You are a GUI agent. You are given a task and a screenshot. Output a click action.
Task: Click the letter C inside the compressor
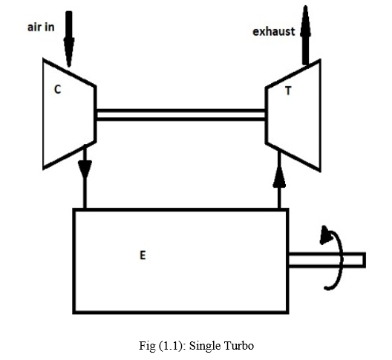[x=57, y=89]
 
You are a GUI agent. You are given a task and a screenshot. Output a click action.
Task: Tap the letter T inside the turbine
[x=288, y=91]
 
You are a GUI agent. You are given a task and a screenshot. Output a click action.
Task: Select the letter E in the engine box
[x=143, y=255]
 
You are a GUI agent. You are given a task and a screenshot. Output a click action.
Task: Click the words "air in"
[x=41, y=27]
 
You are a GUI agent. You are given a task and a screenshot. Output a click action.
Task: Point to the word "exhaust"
[x=274, y=32]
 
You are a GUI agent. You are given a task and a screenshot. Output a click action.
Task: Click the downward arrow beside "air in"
[x=69, y=39]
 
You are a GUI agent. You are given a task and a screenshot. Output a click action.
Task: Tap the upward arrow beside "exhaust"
[x=305, y=35]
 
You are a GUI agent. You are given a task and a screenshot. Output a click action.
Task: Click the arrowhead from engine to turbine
[x=279, y=177]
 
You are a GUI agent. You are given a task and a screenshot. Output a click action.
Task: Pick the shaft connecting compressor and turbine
[x=180, y=115]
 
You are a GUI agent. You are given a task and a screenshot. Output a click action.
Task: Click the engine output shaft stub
[x=327, y=260]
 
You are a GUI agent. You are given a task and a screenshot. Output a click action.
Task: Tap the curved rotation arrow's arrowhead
[x=326, y=235]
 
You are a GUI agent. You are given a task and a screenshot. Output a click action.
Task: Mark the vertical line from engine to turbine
[x=279, y=179]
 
